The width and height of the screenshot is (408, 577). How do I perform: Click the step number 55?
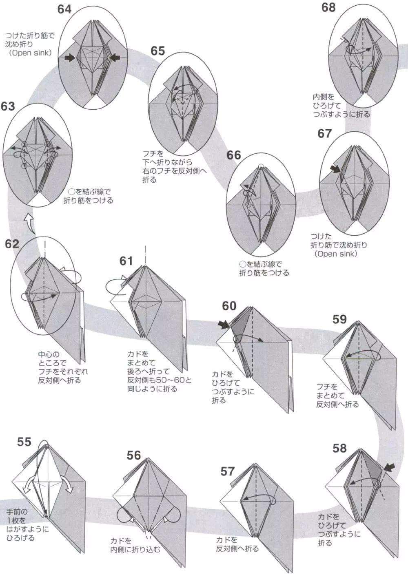click(x=24, y=442)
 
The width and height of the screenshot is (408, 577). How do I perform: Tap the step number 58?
click(x=339, y=448)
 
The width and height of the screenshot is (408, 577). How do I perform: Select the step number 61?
click(x=126, y=261)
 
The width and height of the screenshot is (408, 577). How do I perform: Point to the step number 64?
click(x=64, y=9)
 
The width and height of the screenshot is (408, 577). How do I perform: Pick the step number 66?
click(x=234, y=155)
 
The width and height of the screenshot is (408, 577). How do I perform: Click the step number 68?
click(x=328, y=7)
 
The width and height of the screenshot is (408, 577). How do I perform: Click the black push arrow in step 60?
click(x=224, y=325)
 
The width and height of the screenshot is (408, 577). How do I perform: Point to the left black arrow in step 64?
click(x=70, y=58)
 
